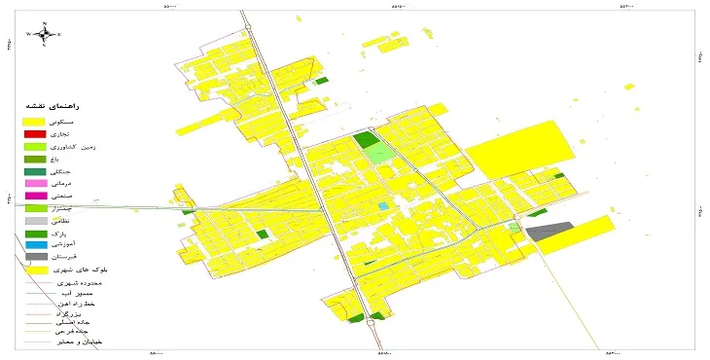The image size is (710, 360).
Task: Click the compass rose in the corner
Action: click(x=43, y=34)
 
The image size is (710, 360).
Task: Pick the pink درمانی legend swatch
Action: click(x=35, y=183)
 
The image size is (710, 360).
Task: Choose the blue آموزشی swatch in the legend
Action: click(x=35, y=246)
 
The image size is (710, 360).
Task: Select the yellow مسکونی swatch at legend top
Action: click(x=35, y=120)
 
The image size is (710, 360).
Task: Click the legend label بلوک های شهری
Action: click(x=79, y=270)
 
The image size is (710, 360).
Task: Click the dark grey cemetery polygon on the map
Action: click(x=549, y=232)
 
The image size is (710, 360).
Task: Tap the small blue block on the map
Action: click(x=382, y=205)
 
